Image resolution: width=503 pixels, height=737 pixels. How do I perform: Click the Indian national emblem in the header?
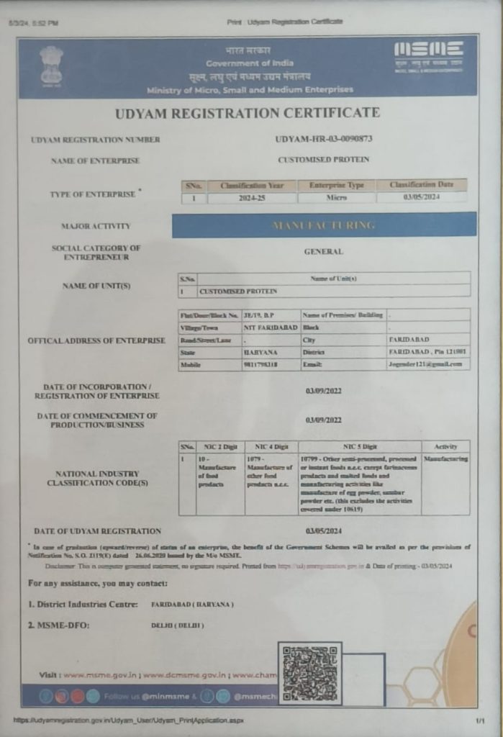pos(51,65)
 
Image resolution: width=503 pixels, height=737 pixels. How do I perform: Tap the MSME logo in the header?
pos(428,56)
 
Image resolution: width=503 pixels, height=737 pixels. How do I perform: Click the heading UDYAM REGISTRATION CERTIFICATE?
pos(247,113)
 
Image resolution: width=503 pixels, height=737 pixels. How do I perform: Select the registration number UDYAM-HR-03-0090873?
pos(324,138)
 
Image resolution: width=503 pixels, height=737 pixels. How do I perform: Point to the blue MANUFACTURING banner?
pos(324,225)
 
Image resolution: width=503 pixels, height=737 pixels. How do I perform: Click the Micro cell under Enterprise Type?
pos(336,197)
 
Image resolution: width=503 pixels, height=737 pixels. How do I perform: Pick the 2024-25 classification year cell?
pos(249,197)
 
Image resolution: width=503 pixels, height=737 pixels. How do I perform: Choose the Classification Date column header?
pos(422,185)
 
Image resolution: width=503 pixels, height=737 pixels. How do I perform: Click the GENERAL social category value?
pos(324,252)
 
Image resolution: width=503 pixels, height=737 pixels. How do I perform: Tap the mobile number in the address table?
pos(260,366)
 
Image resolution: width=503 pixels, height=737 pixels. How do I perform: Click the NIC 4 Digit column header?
pos(271,447)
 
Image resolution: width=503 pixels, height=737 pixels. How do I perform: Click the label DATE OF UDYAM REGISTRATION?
pos(97,531)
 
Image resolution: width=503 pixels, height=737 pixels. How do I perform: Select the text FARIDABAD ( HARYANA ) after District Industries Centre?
pos(192,604)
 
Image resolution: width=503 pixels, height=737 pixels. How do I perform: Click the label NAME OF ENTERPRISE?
pos(95,160)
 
